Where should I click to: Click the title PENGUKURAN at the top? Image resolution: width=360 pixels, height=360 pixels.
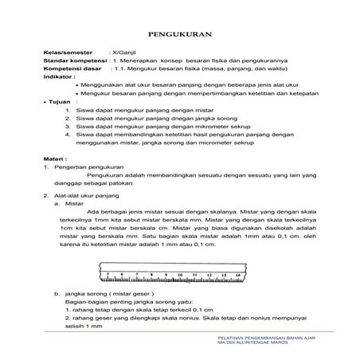pyautogui.click(x=179, y=35)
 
